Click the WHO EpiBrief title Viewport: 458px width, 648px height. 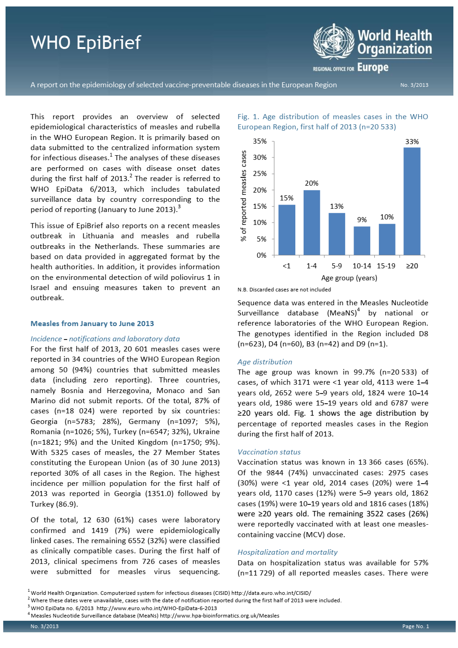pyautogui.click(x=85, y=43)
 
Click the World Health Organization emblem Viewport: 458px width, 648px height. pyautogui.click(x=333, y=42)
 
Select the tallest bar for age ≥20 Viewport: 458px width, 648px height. pyautogui.click(x=412, y=201)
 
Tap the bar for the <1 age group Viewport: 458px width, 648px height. pyautogui.click(x=287, y=230)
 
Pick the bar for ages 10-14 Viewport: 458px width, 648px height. pyautogui.click(x=362, y=241)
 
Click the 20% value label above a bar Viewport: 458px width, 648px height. pyautogui.click(x=311, y=183)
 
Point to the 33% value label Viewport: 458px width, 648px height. pyautogui.click(x=412, y=142)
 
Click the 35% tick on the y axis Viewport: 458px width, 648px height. pyautogui.click(x=260, y=141)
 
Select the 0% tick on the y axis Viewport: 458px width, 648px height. pyautogui.click(x=262, y=255)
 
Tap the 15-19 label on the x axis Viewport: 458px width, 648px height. pyautogui.click(x=386, y=266)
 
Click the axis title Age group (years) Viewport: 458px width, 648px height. pyautogui.click(x=349, y=278)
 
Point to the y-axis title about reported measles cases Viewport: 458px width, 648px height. pyautogui.click(x=244, y=196)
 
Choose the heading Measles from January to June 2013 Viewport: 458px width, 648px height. pyautogui.click(x=92, y=324)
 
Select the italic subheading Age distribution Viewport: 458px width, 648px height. pyautogui.click(x=265, y=362)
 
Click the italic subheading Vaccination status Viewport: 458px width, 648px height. pyautogui.click(x=269, y=452)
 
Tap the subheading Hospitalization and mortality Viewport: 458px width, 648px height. pyautogui.click(x=287, y=552)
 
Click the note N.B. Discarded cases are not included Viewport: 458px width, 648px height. pyautogui.click(x=284, y=290)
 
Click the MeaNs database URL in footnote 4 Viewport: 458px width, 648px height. pyautogui.click(x=220, y=616)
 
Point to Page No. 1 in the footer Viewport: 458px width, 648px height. pyautogui.click(x=415, y=626)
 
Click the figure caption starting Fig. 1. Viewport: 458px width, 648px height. pyautogui.click(x=333, y=122)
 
